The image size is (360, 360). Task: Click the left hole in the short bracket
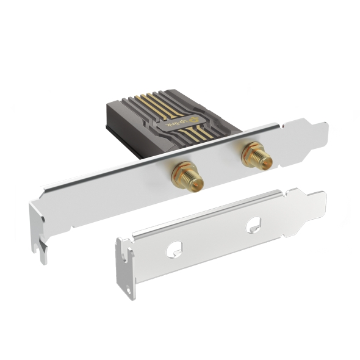(175, 248)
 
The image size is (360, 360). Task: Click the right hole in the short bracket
(253, 226)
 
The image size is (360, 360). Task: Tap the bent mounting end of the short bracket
(127, 268)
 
